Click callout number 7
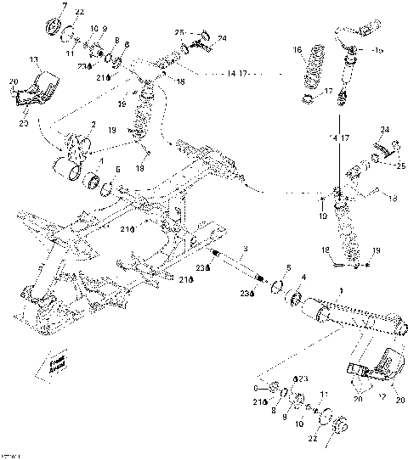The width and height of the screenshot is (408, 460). [x=63, y=6]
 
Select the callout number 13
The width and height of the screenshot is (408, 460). [x=34, y=60]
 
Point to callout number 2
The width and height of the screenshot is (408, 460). [x=80, y=125]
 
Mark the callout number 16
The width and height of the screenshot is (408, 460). [x=298, y=51]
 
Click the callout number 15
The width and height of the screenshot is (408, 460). [x=379, y=50]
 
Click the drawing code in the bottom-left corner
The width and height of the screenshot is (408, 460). [x=10, y=455]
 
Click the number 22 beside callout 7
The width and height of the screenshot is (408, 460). [x=80, y=12]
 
